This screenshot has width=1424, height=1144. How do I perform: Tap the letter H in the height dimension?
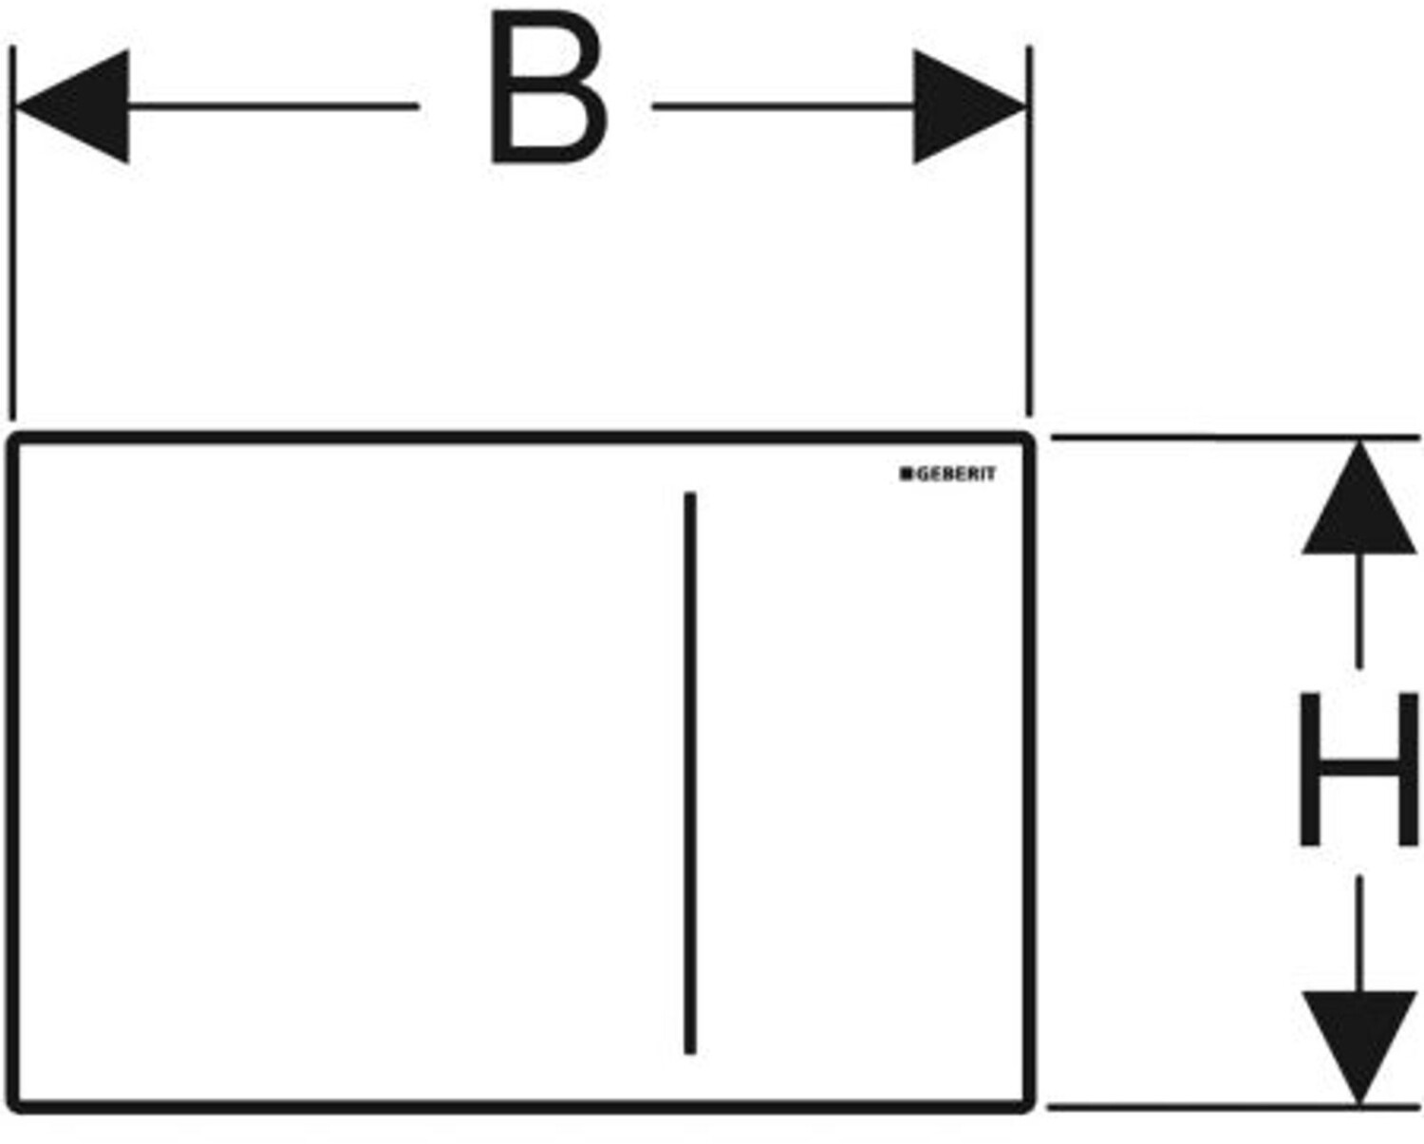(x=1358, y=769)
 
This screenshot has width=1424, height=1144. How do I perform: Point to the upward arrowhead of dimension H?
(x=1359, y=503)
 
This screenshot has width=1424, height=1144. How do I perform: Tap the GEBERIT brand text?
(x=955, y=474)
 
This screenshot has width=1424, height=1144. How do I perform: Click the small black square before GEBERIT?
(x=906, y=474)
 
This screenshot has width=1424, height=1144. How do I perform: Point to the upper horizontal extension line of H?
(x=1234, y=438)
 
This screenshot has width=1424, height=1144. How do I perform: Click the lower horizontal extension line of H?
(x=1234, y=1107)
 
